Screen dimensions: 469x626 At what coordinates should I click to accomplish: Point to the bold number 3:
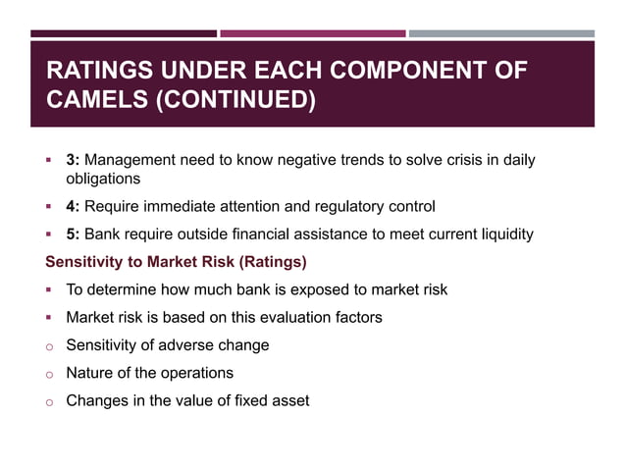pyautogui.click(x=73, y=160)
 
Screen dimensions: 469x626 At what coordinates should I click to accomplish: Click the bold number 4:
pyautogui.click(x=73, y=206)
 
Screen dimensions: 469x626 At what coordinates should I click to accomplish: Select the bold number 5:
pyautogui.click(x=73, y=234)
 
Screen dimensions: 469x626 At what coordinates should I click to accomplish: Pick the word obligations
pyautogui.click(x=103, y=179)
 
